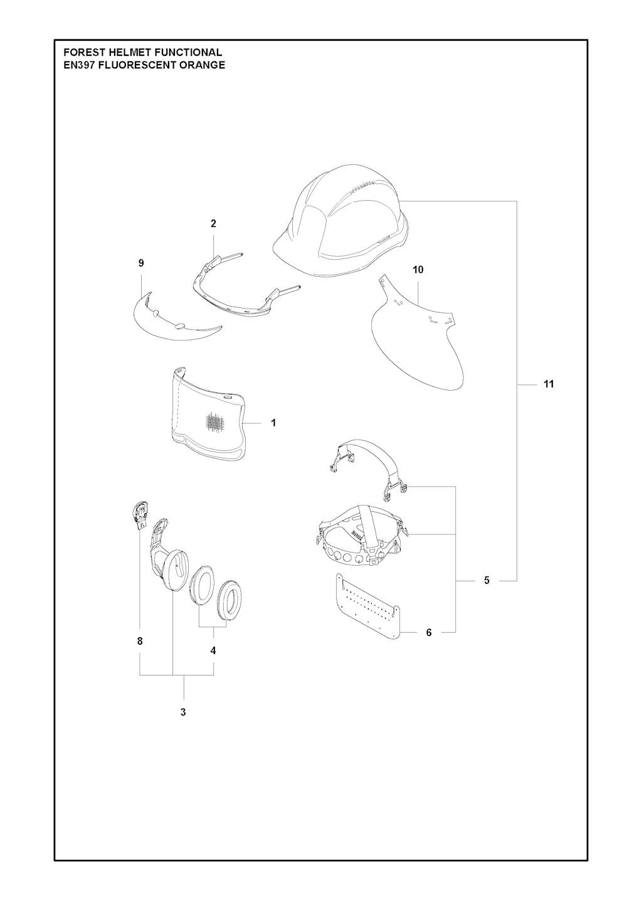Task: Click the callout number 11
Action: click(549, 384)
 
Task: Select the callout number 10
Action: click(418, 270)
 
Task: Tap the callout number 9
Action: click(141, 263)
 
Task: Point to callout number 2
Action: click(213, 224)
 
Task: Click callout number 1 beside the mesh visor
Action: click(273, 423)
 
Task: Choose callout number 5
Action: click(487, 581)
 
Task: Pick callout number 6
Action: click(429, 632)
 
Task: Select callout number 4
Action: click(213, 650)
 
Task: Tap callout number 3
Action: click(183, 712)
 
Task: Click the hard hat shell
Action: click(342, 225)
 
